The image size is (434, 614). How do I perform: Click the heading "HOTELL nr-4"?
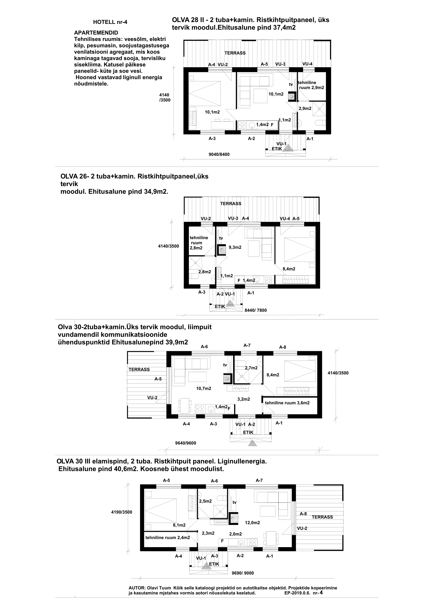(x=110, y=22)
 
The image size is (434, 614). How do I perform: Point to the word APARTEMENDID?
(x=96, y=33)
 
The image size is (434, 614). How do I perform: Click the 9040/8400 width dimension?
(x=219, y=154)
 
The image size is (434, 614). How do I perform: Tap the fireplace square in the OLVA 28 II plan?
(x=292, y=96)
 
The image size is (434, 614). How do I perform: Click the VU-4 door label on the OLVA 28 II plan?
(x=307, y=64)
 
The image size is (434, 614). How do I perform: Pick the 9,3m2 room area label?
(x=235, y=247)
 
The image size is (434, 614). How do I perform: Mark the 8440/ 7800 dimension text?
(x=256, y=310)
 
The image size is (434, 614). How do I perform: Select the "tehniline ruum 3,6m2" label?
(x=287, y=403)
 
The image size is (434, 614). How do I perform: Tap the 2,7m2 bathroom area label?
(x=251, y=368)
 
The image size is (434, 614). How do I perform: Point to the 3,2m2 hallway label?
(x=244, y=399)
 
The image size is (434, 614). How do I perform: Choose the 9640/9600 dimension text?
(x=186, y=443)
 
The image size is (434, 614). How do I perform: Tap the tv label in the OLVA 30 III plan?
(x=235, y=502)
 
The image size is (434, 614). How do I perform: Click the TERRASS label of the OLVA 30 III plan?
(x=322, y=517)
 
